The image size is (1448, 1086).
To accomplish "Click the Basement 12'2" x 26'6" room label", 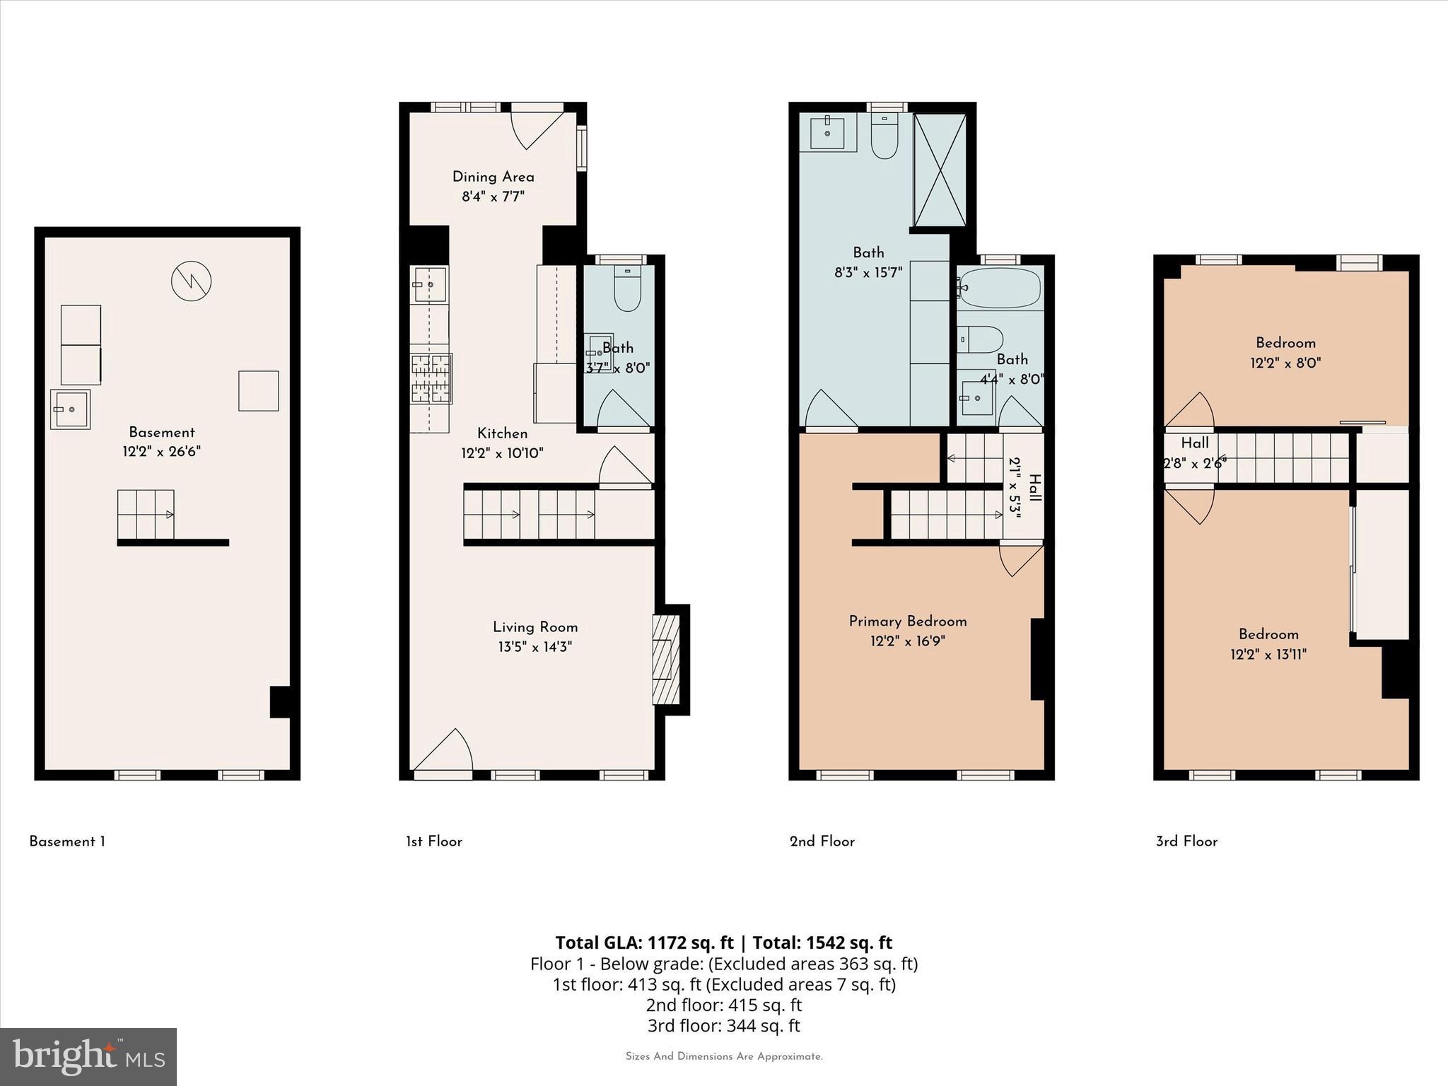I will click(x=161, y=442).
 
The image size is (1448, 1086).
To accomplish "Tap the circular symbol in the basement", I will click(x=191, y=281).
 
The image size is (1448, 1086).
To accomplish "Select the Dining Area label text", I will click(x=493, y=177).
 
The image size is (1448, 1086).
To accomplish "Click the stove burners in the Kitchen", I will click(x=431, y=378).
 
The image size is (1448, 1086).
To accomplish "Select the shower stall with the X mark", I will click(x=940, y=170).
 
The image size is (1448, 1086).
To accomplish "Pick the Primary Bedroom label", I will click(x=907, y=621).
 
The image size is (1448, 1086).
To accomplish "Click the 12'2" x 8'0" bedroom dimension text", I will click(x=1285, y=363).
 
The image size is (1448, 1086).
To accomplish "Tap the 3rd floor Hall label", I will click(x=1194, y=443).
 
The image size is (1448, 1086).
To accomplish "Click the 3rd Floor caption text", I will click(x=1186, y=841).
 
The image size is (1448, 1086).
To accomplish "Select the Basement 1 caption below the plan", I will click(x=67, y=841).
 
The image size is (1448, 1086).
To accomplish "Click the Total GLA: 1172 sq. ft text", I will click(x=644, y=942).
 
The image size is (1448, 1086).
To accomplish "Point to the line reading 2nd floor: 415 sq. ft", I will click(x=723, y=1005).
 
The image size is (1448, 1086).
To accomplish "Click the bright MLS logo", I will click(x=88, y=1056).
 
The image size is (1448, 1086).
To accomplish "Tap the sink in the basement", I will click(x=70, y=409).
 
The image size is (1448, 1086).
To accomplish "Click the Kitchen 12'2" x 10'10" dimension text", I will click(x=502, y=453).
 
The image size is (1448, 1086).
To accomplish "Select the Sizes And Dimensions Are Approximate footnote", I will click(x=723, y=1056).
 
